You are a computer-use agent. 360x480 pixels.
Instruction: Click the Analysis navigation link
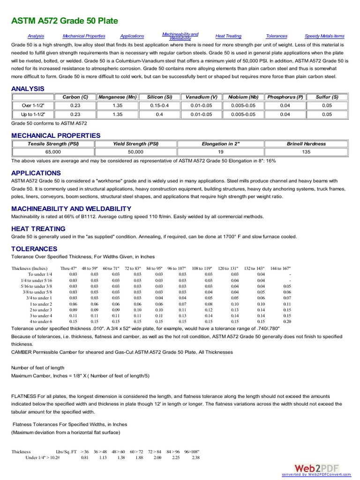[36, 36]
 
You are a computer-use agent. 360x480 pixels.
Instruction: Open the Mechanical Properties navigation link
[84, 36]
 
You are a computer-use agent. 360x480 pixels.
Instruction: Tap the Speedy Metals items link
[324, 36]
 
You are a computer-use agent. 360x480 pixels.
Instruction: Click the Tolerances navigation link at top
[277, 36]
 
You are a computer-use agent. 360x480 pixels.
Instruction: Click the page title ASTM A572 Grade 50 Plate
[65, 21]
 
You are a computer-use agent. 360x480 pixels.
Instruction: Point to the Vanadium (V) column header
[201, 97]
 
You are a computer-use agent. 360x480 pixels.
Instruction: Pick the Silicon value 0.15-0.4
[159, 105]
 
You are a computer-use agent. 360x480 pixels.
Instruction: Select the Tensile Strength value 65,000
[52, 152]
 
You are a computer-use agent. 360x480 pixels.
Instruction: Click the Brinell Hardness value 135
[306, 152]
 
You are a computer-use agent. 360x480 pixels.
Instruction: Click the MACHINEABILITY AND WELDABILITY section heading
[71, 209]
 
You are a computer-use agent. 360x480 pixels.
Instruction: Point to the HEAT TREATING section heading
[38, 229]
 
